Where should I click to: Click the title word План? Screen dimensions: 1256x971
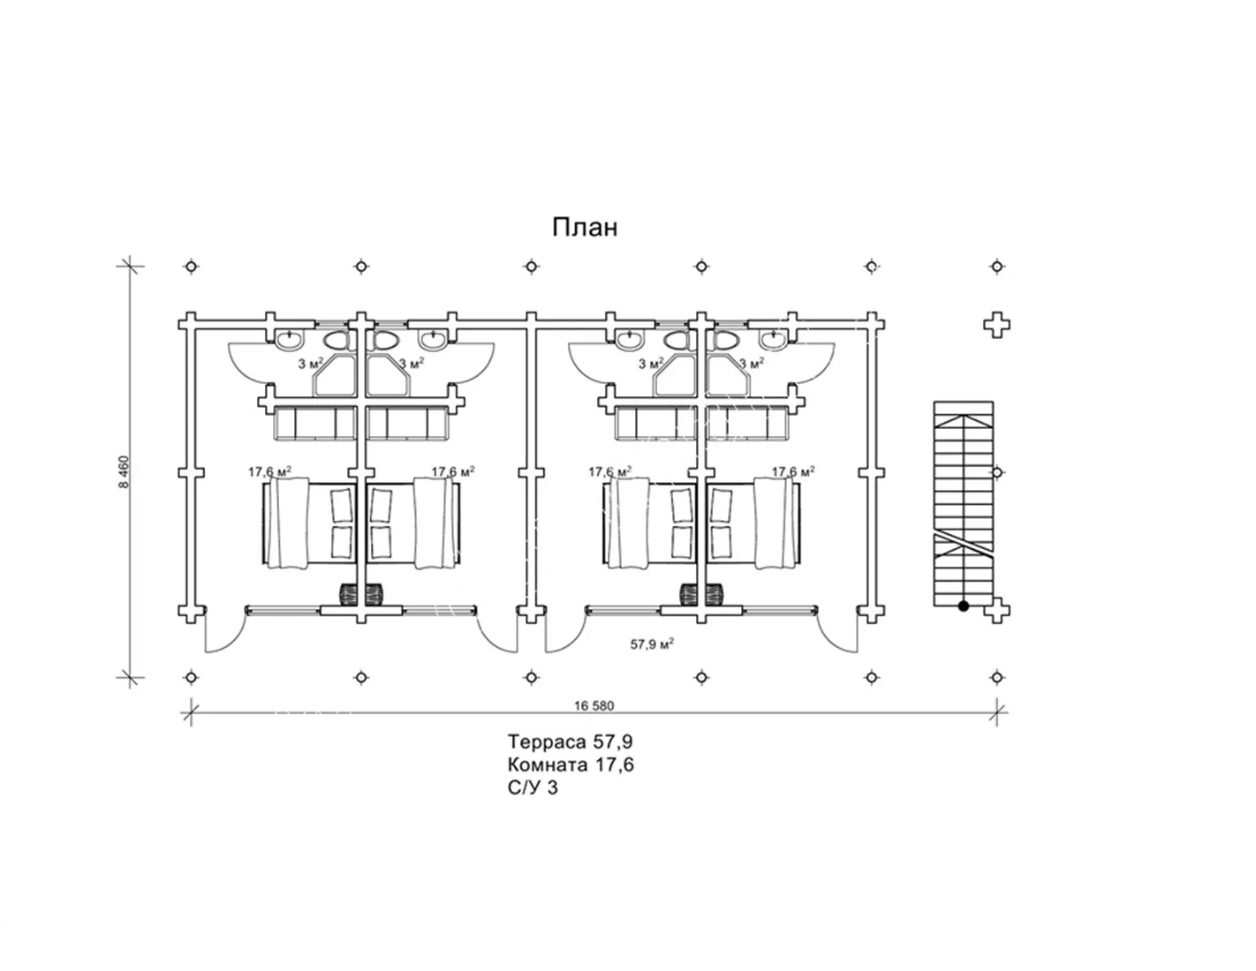coord(585,228)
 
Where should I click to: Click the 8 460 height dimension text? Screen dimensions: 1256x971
coord(125,471)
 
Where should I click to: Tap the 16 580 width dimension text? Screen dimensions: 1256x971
coord(594,706)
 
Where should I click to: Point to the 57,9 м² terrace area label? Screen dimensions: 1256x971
coord(652,644)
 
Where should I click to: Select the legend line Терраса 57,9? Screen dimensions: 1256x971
coord(570,741)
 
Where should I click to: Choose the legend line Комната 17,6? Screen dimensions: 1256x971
coord(571,764)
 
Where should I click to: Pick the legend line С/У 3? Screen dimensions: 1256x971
coord(533,788)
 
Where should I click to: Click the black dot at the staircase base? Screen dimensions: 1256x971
coord(963,606)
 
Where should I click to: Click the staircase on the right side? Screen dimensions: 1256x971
coord(964,504)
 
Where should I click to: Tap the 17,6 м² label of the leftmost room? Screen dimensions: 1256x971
coord(270,471)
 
